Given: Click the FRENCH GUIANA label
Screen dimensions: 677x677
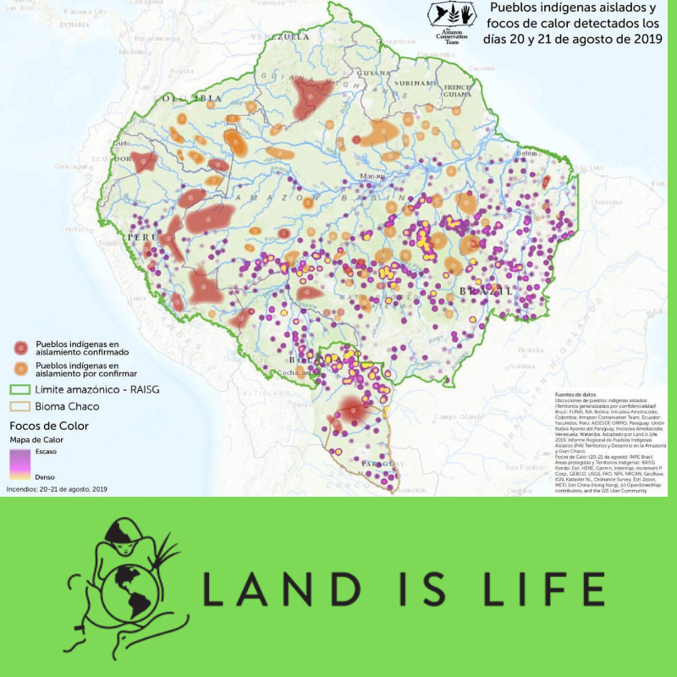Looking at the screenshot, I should (x=457, y=91).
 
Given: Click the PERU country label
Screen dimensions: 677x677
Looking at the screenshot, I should (x=143, y=238).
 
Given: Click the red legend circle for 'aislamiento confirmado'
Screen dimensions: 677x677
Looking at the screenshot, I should (x=19, y=348).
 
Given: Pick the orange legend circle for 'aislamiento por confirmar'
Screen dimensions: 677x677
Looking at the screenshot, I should (x=19, y=368).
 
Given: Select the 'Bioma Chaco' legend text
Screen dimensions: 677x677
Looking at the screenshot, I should (x=70, y=406).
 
